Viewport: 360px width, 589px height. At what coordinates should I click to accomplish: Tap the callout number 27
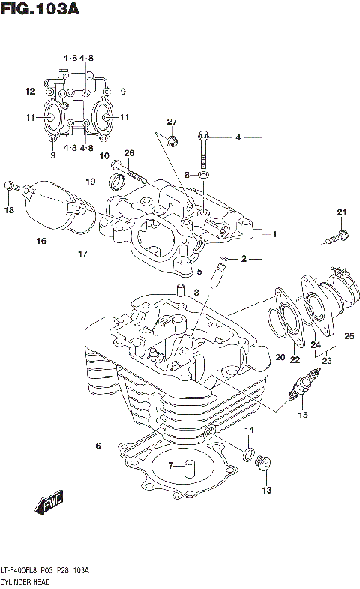tap(172, 122)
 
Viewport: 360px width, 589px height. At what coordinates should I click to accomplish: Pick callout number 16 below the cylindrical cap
tap(42, 241)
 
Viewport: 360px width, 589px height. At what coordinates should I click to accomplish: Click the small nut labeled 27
tap(172, 140)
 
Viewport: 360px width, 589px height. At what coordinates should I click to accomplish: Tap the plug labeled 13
tap(262, 464)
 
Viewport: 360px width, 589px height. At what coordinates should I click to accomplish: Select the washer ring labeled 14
tap(247, 452)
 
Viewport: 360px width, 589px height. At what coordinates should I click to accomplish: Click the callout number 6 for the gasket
tap(97, 446)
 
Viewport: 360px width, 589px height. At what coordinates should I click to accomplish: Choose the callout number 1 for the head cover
tap(274, 234)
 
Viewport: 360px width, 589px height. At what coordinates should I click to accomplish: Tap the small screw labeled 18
tap(10, 185)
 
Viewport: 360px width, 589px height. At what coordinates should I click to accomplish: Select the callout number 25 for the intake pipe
tap(348, 336)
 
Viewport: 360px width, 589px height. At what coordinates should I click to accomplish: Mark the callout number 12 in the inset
tap(30, 92)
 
